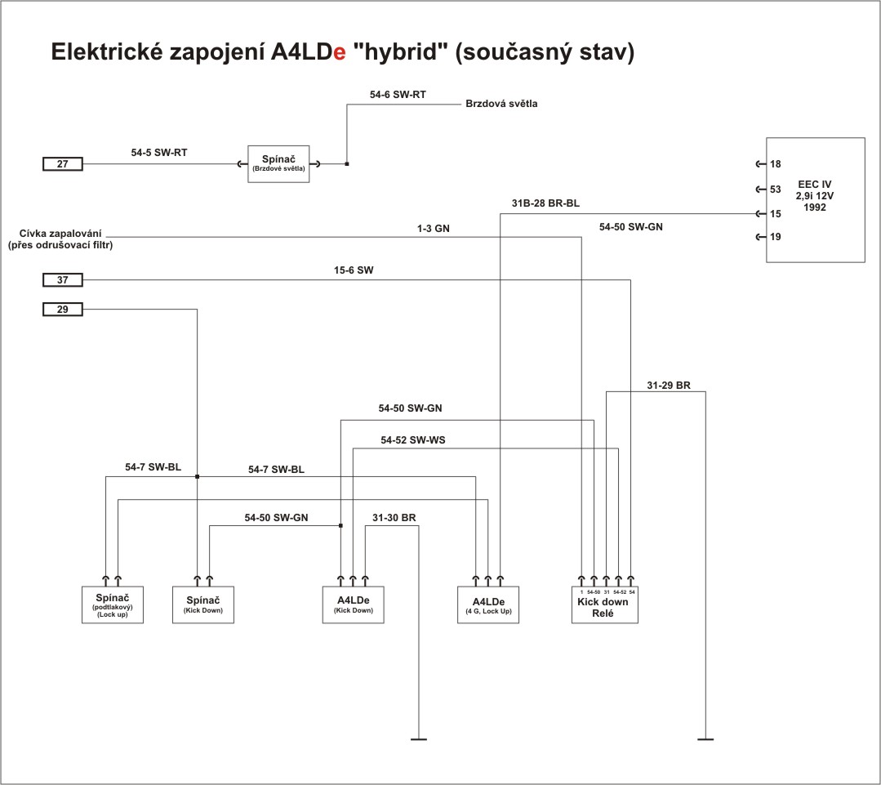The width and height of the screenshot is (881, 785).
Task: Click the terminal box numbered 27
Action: (63, 164)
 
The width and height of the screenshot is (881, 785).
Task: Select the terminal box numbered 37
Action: (63, 280)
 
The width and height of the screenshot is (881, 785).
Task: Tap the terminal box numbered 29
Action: (63, 310)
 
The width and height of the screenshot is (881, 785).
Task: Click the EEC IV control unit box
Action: (815, 200)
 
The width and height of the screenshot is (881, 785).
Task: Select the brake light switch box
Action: (278, 164)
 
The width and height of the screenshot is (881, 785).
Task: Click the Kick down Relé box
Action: (603, 605)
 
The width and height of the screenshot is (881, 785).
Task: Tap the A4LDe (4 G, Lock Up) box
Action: (487, 605)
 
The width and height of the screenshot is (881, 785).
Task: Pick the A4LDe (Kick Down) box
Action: (353, 605)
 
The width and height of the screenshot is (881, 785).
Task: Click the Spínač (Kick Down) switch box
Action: (203, 605)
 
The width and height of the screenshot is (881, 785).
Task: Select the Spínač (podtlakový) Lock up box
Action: (113, 605)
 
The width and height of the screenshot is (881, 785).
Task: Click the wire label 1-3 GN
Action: (433, 230)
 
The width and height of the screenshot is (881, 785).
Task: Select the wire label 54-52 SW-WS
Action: (413, 440)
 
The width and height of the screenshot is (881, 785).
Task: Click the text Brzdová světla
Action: (501, 104)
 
